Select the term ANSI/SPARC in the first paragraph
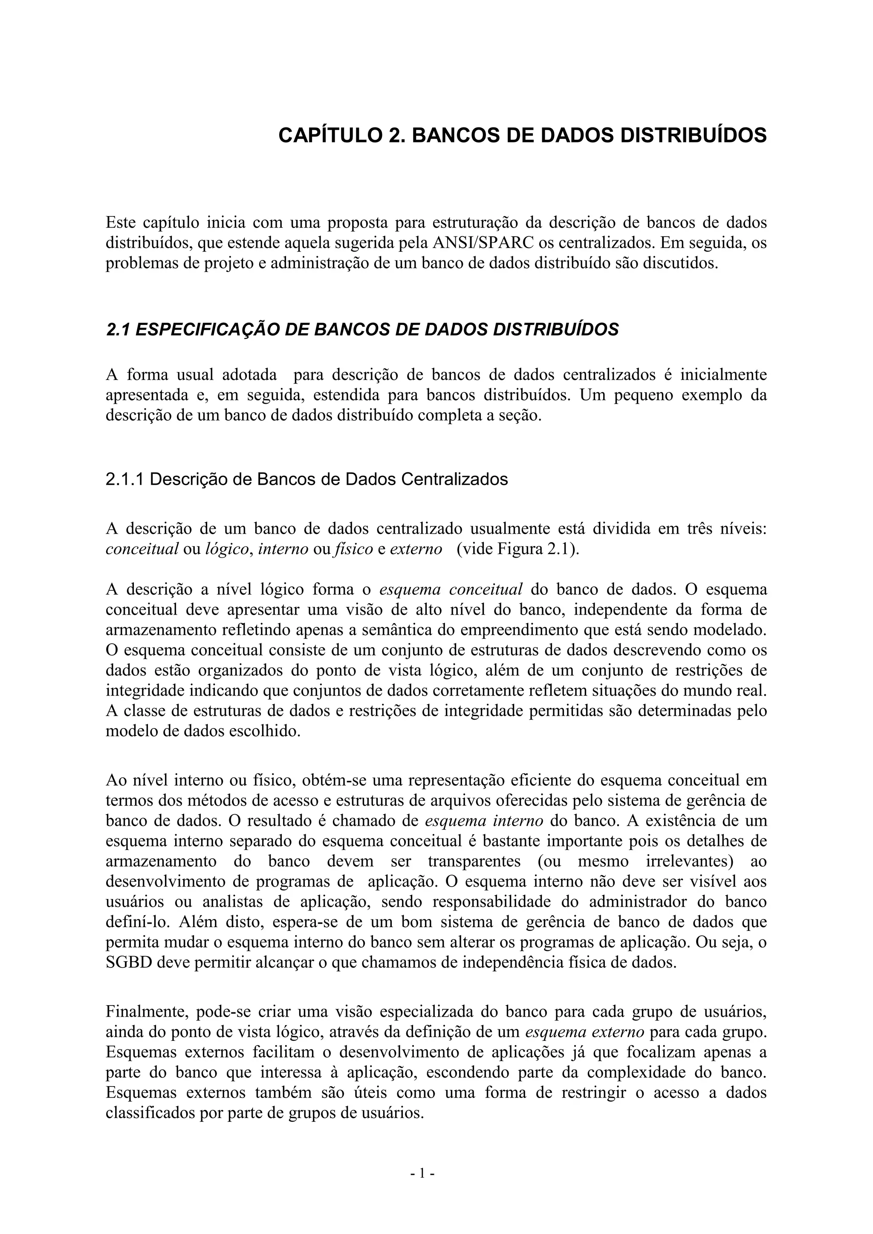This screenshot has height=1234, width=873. [483, 243]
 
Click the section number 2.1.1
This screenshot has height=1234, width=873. [125, 479]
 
